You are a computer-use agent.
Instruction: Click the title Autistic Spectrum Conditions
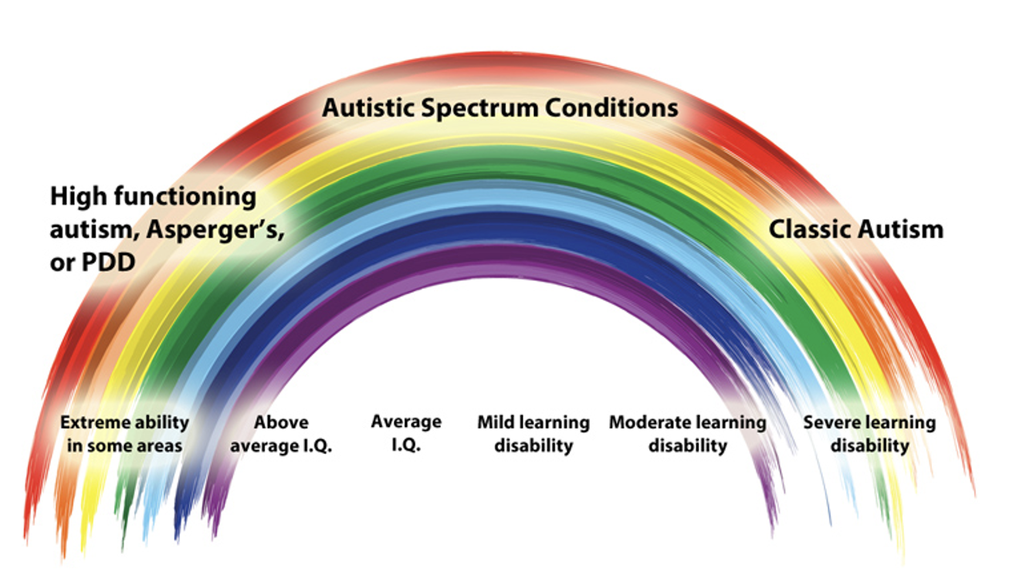(x=500, y=107)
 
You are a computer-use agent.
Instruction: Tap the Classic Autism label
(x=855, y=229)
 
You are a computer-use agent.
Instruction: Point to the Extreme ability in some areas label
(x=124, y=434)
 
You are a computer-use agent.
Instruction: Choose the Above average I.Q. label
(x=282, y=434)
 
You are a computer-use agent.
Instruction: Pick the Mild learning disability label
(x=533, y=434)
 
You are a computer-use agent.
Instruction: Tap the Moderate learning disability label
(x=687, y=434)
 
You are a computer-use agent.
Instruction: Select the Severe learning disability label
(x=869, y=434)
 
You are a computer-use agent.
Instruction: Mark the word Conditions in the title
(x=611, y=107)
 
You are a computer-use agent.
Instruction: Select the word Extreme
(x=91, y=422)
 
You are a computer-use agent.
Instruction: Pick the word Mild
(x=496, y=422)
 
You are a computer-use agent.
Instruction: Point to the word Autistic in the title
(x=368, y=107)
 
